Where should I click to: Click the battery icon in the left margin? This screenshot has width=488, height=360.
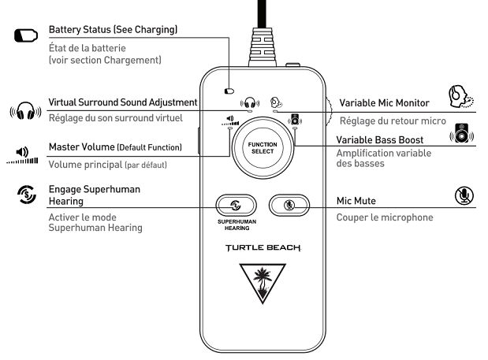pos(25,36)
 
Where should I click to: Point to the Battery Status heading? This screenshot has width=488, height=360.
pos(113,30)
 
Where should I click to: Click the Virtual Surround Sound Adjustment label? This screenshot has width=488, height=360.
pos(122,102)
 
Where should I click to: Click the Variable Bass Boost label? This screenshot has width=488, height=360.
pos(380,139)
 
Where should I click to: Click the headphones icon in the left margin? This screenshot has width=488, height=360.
pos(25,110)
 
